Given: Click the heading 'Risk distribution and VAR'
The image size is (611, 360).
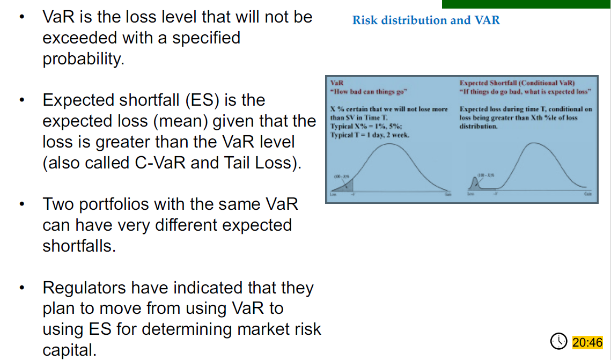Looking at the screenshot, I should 426,20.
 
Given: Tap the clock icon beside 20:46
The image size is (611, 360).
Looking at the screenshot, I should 559,341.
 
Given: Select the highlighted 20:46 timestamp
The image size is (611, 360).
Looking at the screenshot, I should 587,342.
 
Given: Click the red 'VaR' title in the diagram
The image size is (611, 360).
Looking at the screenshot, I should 337,83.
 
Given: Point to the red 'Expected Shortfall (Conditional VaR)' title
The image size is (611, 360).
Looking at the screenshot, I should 517,83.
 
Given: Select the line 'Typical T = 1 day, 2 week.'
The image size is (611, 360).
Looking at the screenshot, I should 370,135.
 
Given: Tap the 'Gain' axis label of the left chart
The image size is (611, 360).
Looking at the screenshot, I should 447,195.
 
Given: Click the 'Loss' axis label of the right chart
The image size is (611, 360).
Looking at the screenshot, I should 470,195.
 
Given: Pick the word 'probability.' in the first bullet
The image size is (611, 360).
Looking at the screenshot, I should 83,59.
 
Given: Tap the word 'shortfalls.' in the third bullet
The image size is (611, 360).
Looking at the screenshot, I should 79,246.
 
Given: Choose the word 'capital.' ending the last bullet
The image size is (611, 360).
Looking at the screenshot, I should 70,350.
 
